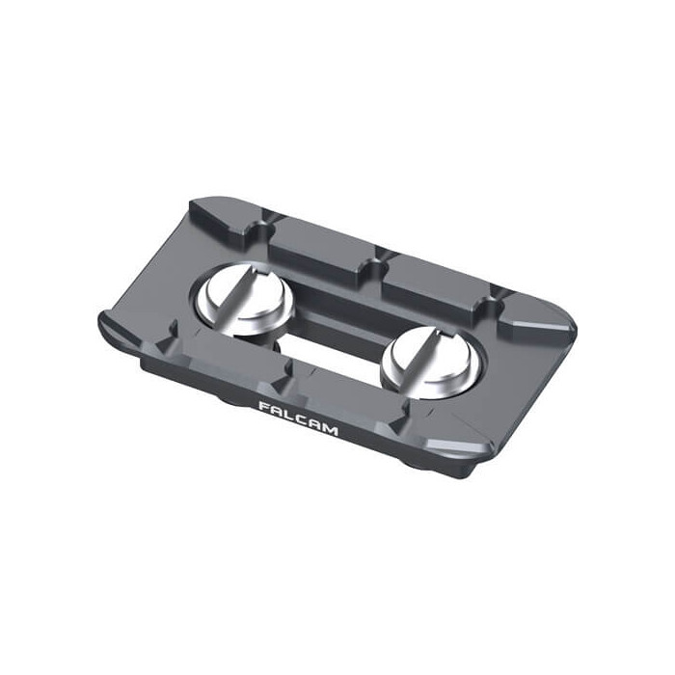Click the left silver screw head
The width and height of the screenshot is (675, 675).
243,301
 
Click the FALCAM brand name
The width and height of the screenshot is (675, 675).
298,418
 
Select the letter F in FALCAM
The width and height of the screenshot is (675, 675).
263,406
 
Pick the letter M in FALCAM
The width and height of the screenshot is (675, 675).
330,429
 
